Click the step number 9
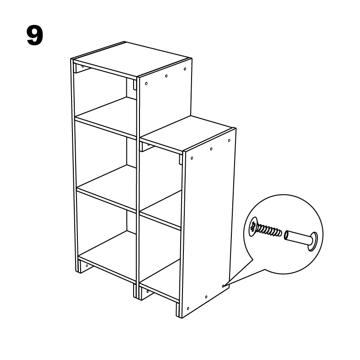35,35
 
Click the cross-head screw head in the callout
253,226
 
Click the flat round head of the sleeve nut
313,241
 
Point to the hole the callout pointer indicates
223,286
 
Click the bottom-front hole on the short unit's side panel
188,308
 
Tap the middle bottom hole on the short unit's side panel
206,297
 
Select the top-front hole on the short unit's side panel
192,158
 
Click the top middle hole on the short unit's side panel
211,149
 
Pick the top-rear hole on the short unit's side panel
229,140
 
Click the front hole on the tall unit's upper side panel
146,84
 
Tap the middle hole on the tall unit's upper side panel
167,76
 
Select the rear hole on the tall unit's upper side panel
185,69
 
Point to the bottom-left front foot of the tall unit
78,266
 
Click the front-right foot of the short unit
179,310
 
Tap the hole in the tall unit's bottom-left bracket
87,266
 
